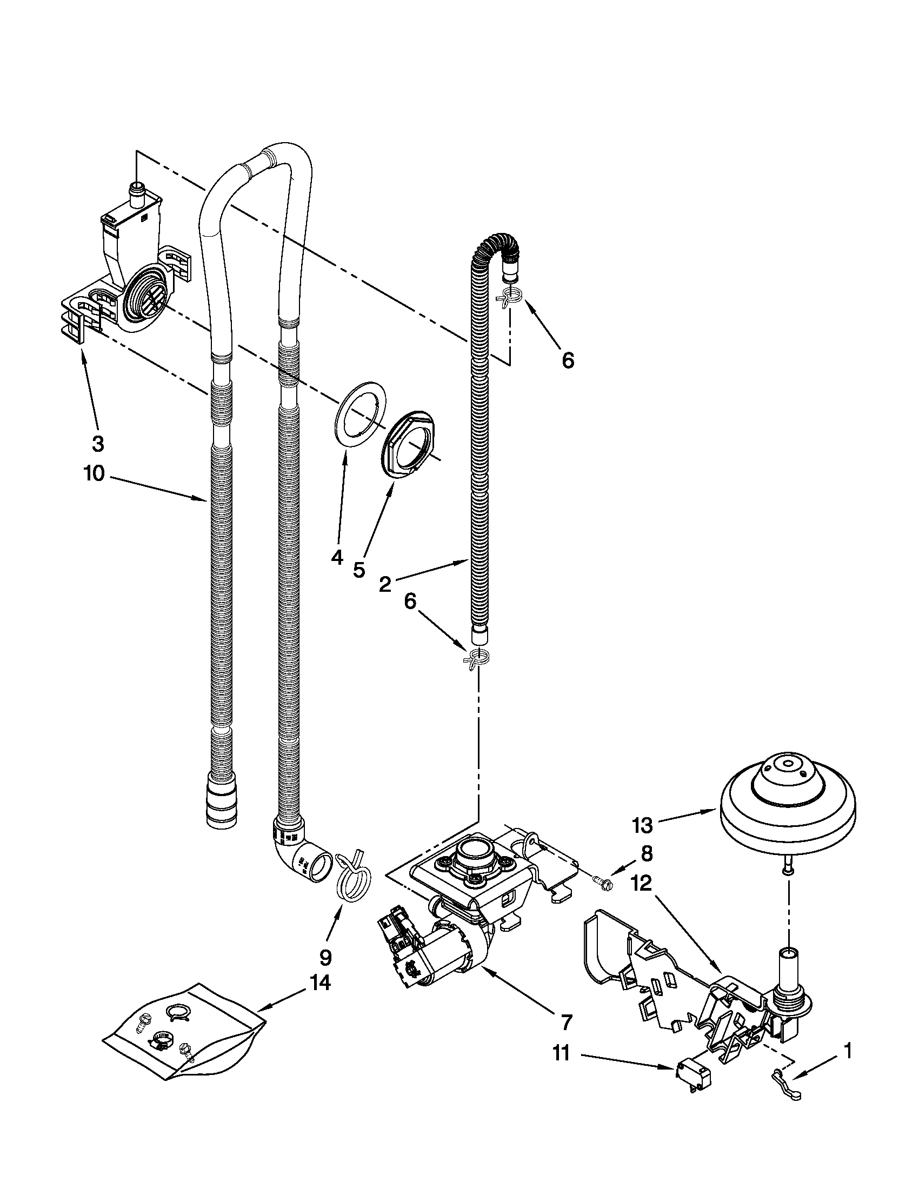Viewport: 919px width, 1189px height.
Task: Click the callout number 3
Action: click(x=97, y=444)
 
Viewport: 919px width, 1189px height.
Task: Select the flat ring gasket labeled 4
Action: click(x=358, y=416)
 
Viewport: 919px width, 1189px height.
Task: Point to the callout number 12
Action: click(x=642, y=884)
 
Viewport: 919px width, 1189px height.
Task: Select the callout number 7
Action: click(x=566, y=1023)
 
